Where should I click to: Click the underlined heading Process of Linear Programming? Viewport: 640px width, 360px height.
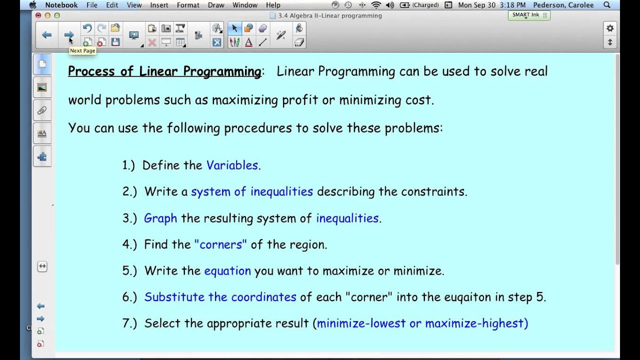tap(164, 71)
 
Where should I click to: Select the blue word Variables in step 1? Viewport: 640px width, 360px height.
tap(232, 165)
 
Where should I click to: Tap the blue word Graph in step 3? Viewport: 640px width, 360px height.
tap(160, 218)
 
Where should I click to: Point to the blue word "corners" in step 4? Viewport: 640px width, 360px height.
tap(220, 244)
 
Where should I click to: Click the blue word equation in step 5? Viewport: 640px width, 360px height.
tap(227, 271)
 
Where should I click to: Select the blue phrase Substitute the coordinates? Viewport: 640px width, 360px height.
tap(220, 297)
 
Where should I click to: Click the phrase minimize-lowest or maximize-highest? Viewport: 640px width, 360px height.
tap(422, 323)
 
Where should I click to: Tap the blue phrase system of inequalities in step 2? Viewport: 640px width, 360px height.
tap(252, 192)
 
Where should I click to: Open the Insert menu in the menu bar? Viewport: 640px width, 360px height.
tap(159, 5)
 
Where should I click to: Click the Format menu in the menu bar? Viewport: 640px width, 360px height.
tap(188, 5)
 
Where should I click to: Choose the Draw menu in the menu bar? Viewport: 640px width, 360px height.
tap(216, 5)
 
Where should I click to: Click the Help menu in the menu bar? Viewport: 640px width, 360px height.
tap(273, 5)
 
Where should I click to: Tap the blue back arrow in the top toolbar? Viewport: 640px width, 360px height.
tap(47, 34)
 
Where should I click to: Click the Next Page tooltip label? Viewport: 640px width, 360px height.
tap(82, 50)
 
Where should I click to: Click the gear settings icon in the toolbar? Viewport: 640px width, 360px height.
tap(610, 28)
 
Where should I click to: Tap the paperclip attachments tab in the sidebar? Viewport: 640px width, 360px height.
tap(42, 110)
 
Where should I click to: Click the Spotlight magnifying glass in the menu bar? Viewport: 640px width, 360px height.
tap(607, 5)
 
